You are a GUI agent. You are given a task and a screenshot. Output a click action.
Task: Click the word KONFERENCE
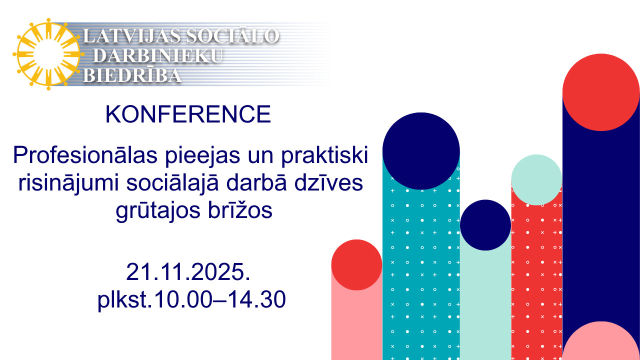[188, 114]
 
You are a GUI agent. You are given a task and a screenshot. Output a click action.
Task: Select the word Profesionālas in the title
[85, 155]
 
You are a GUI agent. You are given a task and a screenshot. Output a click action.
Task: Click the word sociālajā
[172, 183]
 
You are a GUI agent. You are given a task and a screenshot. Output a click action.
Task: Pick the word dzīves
[328, 183]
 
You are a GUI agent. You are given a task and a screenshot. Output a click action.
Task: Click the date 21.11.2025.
[188, 271]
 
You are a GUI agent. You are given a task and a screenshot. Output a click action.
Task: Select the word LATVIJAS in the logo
[131, 36]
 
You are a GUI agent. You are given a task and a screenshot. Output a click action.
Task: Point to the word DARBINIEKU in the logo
[157, 55]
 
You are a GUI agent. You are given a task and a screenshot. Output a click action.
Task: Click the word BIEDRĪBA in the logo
[132, 75]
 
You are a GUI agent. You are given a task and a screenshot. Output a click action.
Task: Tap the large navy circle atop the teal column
[421, 151]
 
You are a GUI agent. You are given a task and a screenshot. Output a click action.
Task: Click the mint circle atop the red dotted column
[536, 180]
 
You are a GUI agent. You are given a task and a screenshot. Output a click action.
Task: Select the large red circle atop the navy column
[601, 92]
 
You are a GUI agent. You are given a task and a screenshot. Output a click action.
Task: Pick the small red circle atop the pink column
[356, 265]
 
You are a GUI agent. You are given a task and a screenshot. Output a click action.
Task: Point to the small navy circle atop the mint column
[485, 225]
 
